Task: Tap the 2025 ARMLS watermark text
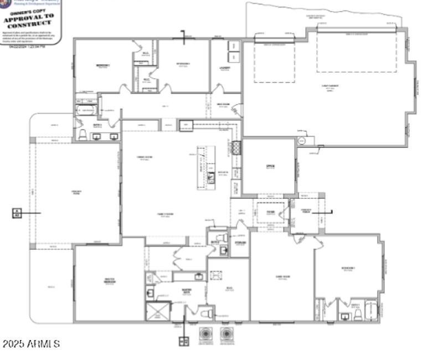coord(31,344)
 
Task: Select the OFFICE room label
coord(270,167)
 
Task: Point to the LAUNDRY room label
coord(224,68)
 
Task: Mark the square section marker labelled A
coord(17,212)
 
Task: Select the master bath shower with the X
coord(157,312)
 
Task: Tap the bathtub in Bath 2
coord(87,111)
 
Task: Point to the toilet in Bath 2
coord(83,135)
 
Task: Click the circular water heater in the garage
coord(301,141)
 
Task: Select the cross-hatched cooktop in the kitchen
coord(236,148)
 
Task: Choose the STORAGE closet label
coord(240,241)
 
